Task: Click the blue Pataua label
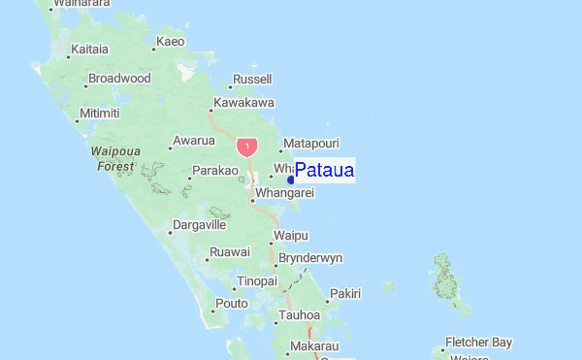(324, 171)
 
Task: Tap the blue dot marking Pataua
(291, 180)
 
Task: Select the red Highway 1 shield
(246, 147)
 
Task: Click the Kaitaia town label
(89, 48)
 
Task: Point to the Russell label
(253, 79)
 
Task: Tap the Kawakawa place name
(243, 102)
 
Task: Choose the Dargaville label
(199, 225)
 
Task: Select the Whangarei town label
(285, 193)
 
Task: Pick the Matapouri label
(311, 143)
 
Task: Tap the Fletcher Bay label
(478, 343)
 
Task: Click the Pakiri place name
(345, 293)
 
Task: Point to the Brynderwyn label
(309, 258)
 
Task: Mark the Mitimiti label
(100, 114)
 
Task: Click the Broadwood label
(119, 78)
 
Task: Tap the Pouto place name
(232, 303)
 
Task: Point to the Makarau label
(314, 346)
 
